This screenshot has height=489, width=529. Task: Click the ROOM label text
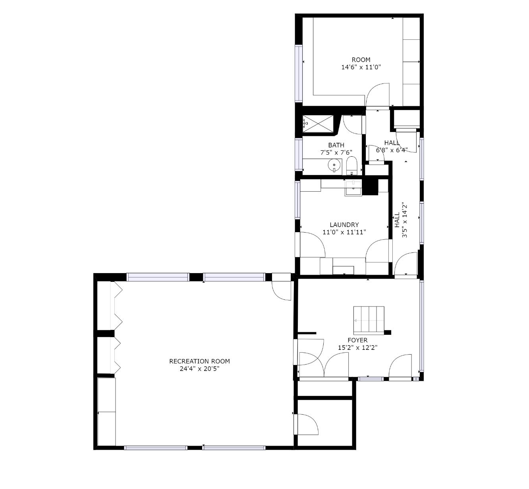click(361, 60)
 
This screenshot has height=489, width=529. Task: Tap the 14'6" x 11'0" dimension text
click(361, 67)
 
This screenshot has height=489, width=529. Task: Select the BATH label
click(336, 145)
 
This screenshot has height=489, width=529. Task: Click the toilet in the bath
click(351, 165)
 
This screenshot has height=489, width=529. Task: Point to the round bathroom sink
click(334, 165)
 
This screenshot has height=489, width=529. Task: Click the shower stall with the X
click(318, 124)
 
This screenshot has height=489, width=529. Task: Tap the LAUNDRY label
click(344, 225)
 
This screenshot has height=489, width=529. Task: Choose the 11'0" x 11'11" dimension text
click(344, 232)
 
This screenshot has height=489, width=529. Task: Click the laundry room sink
click(353, 188)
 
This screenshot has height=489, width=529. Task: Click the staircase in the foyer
click(369, 320)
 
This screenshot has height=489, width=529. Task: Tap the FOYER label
click(357, 340)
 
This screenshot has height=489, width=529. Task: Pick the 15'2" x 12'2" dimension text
click(357, 347)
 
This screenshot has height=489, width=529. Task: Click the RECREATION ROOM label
click(199, 361)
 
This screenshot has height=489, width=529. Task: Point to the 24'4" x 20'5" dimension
click(199, 369)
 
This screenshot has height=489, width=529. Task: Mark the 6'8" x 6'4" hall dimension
click(392, 150)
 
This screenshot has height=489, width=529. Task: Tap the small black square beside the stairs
click(388, 332)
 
